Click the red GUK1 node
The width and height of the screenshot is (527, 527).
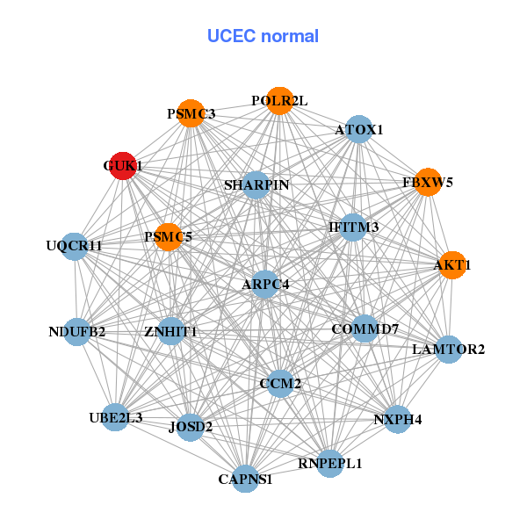pos(123,166)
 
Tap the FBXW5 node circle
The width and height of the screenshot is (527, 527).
pos(428,183)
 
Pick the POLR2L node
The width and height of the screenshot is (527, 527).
pos(279,101)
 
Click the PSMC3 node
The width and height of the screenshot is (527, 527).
pos(191,114)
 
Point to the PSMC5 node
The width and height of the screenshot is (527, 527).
pos(168,237)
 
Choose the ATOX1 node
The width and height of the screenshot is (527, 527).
pos(358,130)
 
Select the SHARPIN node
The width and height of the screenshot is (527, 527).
pos(256,185)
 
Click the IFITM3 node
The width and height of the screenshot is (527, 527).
pos(353,227)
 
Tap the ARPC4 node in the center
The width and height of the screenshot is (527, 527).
pos(265,284)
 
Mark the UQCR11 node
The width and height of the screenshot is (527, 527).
pos(76,246)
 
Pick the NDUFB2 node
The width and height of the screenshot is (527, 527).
pos(77,332)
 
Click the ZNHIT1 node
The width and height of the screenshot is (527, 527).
pos(171,332)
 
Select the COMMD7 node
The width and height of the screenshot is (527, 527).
pos(365,328)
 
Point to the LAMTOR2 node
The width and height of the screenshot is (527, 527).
pos(448,350)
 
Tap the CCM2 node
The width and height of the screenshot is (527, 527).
pos(280,384)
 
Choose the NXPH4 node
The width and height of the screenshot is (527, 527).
pos(397,419)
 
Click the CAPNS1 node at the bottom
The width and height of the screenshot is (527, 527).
pos(246,480)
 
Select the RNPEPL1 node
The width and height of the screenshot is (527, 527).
pos(329,462)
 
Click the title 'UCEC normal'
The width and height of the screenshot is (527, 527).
pos(263,36)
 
